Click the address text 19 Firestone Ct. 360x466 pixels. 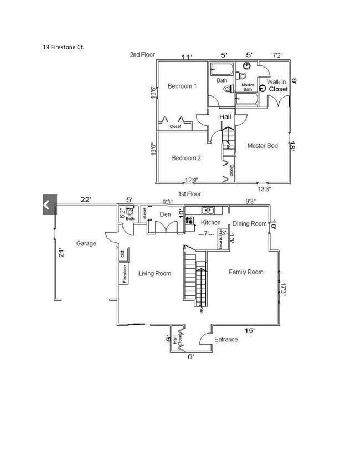click(x=64, y=47)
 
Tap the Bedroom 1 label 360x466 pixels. click(x=182, y=86)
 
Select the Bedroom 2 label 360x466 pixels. click(x=186, y=158)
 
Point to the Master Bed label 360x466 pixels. click(x=263, y=146)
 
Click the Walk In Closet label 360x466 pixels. click(x=277, y=85)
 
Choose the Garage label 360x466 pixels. click(x=86, y=243)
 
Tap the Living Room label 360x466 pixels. click(x=155, y=273)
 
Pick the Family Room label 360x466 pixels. click(x=246, y=272)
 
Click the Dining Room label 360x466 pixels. click(x=249, y=223)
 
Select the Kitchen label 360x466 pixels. click(x=211, y=222)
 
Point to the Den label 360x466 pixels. click(x=165, y=213)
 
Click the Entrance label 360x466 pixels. click(x=226, y=339)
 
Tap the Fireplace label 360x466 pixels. click(x=125, y=274)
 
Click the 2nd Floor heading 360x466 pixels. click(x=142, y=55)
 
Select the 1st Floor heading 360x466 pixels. click(x=189, y=194)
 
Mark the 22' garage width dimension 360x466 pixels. click(x=85, y=199)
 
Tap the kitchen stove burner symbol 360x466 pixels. click(x=189, y=221)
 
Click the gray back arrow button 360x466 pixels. click(x=48, y=205)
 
